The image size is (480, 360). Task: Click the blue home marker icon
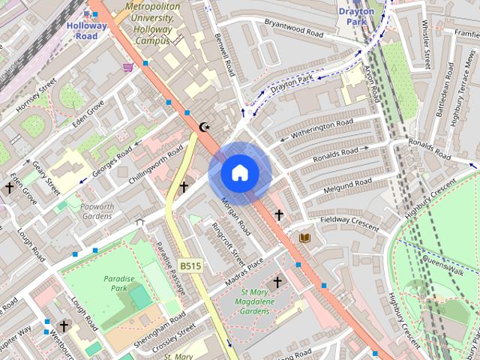pos(239,173)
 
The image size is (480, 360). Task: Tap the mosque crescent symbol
pos(204,127)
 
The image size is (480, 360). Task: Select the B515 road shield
pos(189,266)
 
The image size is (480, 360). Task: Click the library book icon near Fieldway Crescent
pos(304,238)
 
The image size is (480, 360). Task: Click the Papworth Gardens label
pos(97,211)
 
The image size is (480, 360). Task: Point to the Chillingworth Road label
pos(155,164)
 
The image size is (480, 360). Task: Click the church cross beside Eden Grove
pos(10,187)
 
